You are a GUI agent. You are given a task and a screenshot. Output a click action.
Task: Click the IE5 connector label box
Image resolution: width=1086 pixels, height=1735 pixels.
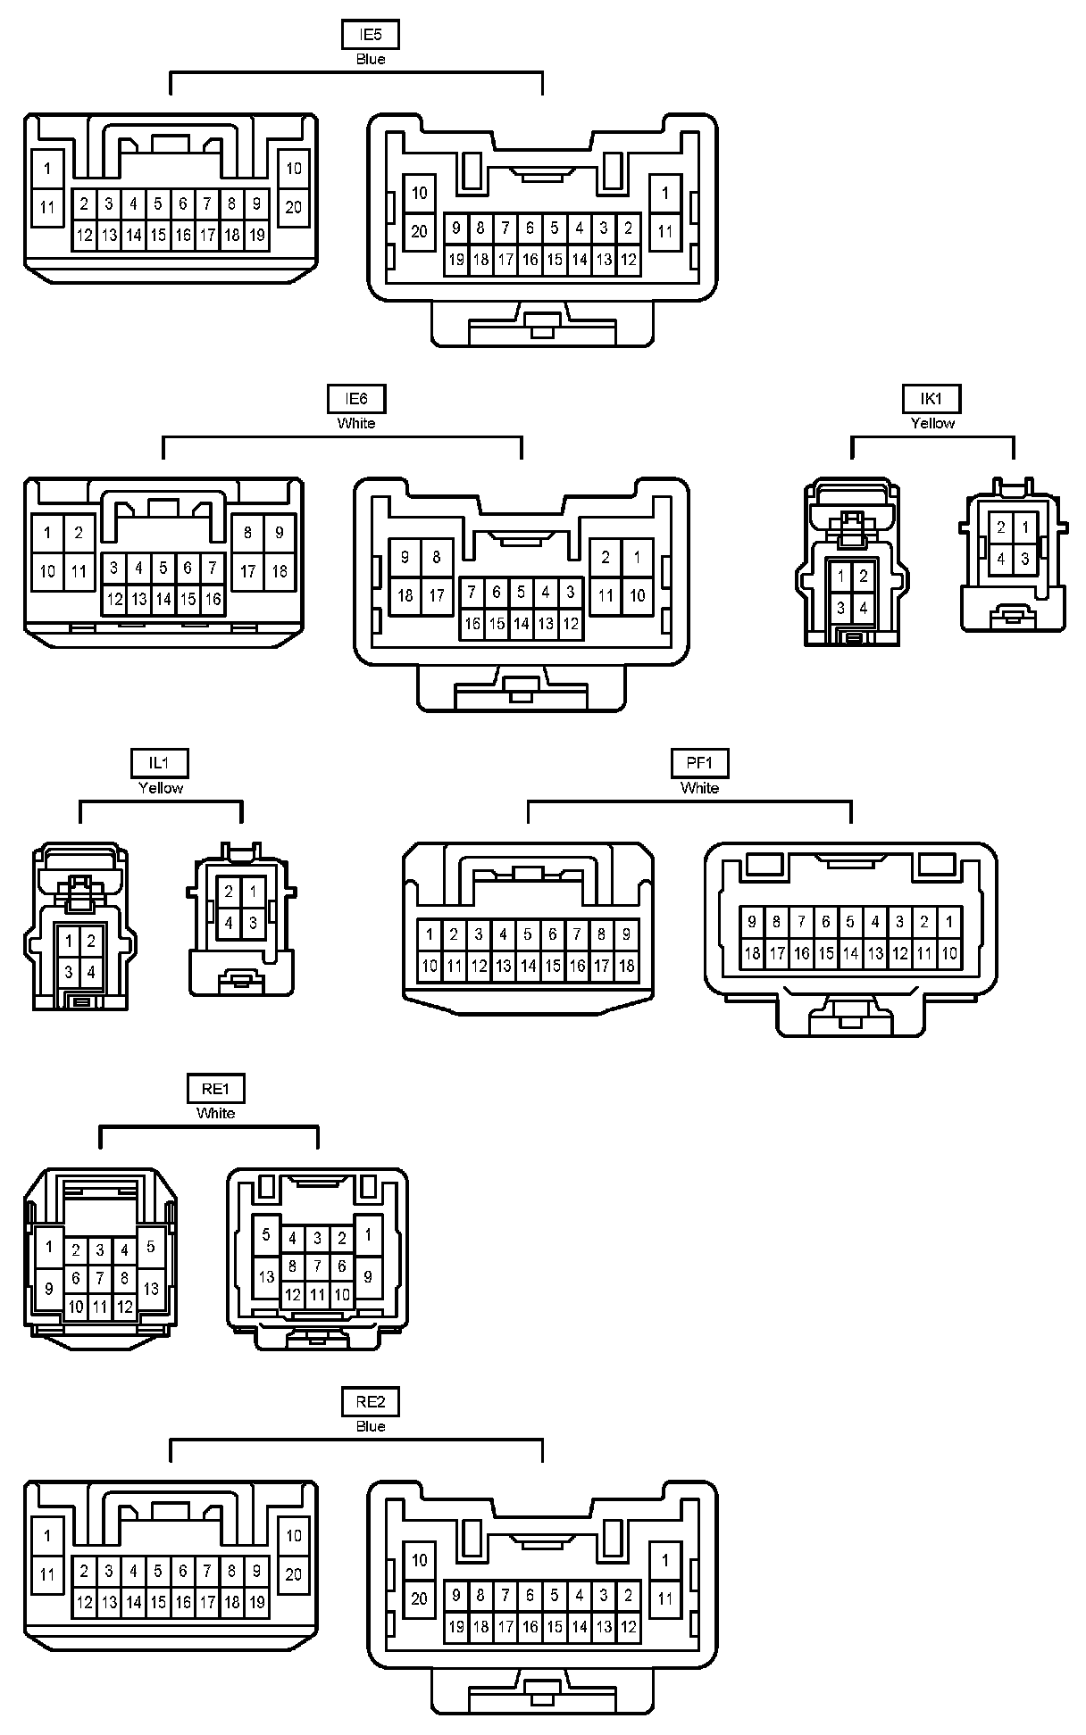pyautogui.click(x=370, y=35)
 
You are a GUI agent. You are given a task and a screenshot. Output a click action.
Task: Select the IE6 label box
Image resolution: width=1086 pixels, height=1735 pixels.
pyautogui.click(x=355, y=399)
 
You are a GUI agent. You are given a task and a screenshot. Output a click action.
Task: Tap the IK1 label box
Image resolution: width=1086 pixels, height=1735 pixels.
pyautogui.click(x=931, y=399)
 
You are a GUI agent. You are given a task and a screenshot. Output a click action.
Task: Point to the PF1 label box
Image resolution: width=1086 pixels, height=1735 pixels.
pyautogui.click(x=699, y=763)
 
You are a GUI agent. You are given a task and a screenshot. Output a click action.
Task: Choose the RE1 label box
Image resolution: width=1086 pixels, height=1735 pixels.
pyautogui.click(x=215, y=1089)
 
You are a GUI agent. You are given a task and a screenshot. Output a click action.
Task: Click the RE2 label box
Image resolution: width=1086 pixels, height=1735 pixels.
pyautogui.click(x=370, y=1402)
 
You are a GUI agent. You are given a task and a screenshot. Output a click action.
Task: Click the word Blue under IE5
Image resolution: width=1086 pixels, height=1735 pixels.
pyautogui.click(x=370, y=60)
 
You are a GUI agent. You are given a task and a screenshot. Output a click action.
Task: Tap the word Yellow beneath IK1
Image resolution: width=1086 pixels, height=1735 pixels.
pyautogui.click(x=931, y=424)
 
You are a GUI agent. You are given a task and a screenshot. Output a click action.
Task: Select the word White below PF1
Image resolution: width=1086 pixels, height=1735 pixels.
pyautogui.click(x=699, y=788)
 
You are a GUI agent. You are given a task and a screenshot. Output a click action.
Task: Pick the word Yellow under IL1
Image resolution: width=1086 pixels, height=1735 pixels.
pyautogui.click(x=161, y=788)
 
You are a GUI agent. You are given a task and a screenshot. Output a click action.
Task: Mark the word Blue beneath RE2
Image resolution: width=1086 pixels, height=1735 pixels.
pyautogui.click(x=370, y=1426)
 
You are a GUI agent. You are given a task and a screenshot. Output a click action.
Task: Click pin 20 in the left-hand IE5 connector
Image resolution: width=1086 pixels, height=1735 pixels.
pyautogui.click(x=294, y=208)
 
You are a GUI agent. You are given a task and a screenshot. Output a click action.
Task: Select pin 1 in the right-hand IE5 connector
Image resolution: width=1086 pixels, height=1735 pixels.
pyautogui.click(x=664, y=193)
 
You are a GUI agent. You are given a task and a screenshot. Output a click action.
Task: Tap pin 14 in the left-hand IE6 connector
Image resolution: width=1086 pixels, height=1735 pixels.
pyautogui.click(x=163, y=600)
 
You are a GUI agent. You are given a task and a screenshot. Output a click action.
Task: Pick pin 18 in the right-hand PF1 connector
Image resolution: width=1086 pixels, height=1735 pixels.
pyautogui.click(x=753, y=953)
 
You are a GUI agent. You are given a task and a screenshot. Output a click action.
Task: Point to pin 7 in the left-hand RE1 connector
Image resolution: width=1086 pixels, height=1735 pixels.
pyautogui.click(x=100, y=1279)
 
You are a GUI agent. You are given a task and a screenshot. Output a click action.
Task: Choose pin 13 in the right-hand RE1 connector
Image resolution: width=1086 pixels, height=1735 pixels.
pyautogui.click(x=266, y=1276)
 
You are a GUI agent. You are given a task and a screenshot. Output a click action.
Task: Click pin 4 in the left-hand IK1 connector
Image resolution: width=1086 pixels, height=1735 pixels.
pyautogui.click(x=863, y=609)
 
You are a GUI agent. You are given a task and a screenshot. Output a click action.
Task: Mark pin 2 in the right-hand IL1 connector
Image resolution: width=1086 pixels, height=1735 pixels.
pyautogui.click(x=229, y=891)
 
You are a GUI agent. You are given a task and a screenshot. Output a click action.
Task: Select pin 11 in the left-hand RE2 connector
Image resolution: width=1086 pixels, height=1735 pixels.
pyautogui.click(x=47, y=1575)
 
